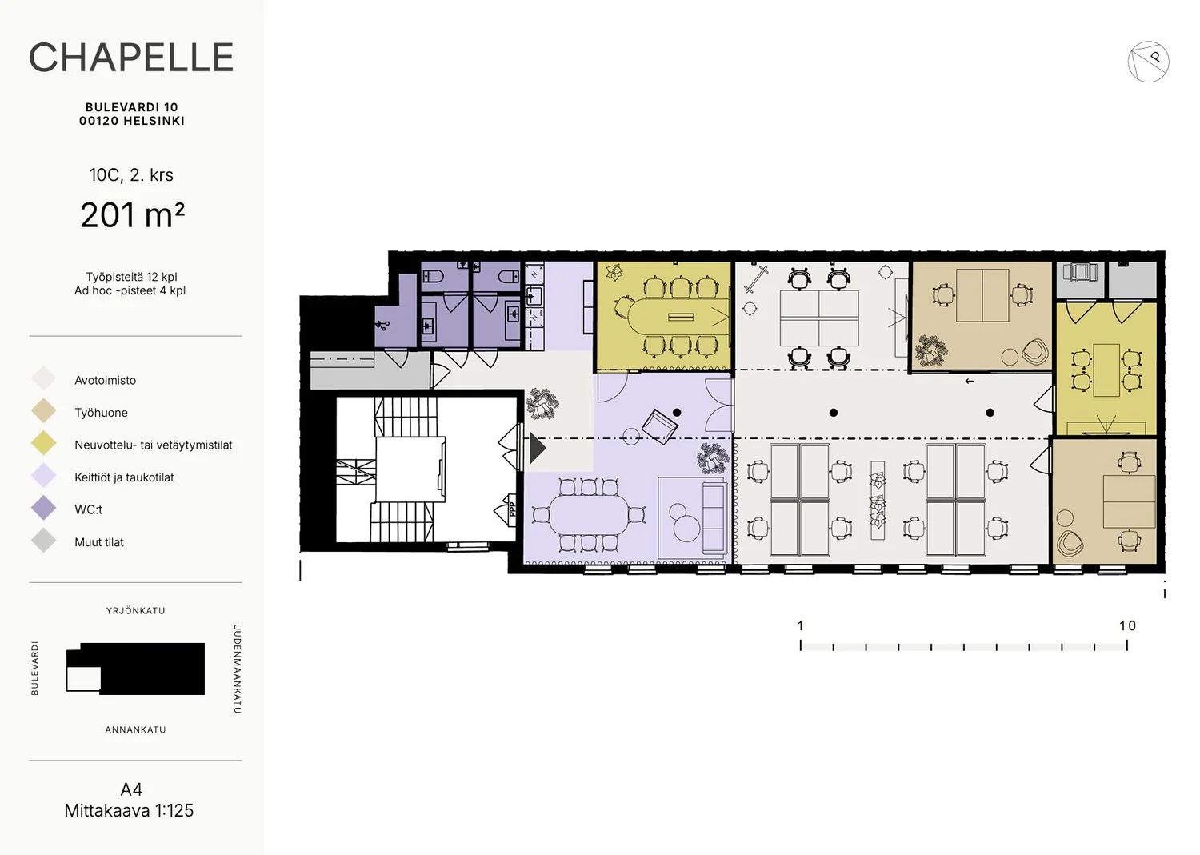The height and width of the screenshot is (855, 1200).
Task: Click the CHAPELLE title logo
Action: (x=131, y=57)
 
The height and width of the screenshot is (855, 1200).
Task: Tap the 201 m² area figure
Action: (x=132, y=215)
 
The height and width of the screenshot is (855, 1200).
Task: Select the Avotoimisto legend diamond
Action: (x=43, y=378)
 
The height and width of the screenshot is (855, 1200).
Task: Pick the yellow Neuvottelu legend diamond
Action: (x=43, y=443)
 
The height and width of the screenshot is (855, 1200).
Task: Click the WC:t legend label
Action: (x=88, y=509)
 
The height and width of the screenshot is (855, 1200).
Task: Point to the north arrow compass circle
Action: (x=1147, y=61)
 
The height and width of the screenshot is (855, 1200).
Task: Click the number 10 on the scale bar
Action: (x=1127, y=625)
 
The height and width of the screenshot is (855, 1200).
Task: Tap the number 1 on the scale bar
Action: (x=800, y=625)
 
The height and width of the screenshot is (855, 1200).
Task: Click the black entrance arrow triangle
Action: (x=538, y=448)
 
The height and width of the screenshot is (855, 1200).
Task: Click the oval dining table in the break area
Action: (x=589, y=515)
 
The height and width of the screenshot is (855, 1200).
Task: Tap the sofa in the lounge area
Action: (x=714, y=517)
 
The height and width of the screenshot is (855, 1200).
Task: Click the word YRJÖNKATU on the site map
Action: (x=135, y=611)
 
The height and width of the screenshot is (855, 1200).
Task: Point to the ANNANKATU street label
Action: (x=135, y=729)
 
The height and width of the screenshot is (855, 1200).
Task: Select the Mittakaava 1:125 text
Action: (x=129, y=810)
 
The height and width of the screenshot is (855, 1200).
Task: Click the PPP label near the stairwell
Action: (x=512, y=509)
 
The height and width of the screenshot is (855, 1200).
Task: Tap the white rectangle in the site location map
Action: (x=83, y=678)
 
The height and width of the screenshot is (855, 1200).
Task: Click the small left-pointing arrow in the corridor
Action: (x=969, y=382)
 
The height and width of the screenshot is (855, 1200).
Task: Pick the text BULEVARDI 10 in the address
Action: (x=132, y=107)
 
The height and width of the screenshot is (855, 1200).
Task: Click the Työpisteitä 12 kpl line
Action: (x=131, y=277)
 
